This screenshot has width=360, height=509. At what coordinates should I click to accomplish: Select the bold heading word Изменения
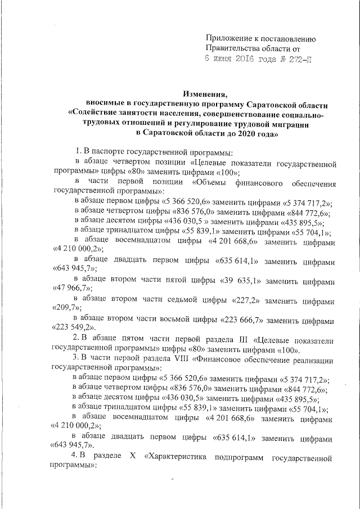205,94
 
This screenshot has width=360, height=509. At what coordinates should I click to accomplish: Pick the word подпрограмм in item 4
237,458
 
